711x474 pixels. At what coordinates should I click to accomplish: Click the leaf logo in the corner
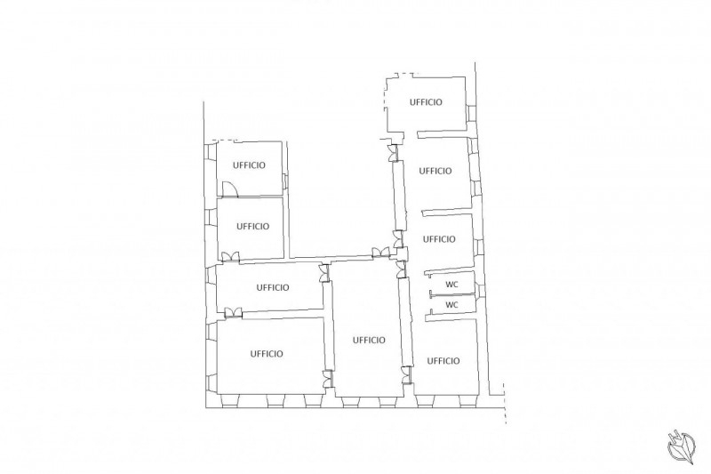[681, 446]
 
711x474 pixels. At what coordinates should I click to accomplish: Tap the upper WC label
[451, 285]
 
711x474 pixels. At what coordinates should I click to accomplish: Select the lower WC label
[451, 305]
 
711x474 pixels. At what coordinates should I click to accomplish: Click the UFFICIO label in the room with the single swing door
[249, 165]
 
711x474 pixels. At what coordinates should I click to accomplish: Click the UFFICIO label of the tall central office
[369, 340]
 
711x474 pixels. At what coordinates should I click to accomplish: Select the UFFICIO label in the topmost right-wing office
[426, 102]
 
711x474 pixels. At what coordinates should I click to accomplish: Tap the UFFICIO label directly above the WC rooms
[439, 239]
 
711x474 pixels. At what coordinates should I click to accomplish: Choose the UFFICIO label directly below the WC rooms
[443, 360]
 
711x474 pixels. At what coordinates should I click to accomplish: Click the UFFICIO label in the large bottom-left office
[267, 353]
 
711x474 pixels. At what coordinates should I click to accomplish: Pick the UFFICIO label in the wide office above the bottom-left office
[273, 287]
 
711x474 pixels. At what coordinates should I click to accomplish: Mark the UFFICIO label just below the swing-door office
[252, 226]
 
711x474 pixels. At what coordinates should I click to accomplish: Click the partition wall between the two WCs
[453, 296]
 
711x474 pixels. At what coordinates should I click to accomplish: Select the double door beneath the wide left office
[233, 312]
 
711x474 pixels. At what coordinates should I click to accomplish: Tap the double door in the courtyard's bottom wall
[380, 253]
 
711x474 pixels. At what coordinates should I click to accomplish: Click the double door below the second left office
[230, 256]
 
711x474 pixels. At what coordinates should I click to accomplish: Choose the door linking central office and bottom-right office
[407, 375]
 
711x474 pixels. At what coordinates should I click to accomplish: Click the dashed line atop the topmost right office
[403, 74]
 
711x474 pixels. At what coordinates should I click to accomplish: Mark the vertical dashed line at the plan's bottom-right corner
[505, 403]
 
